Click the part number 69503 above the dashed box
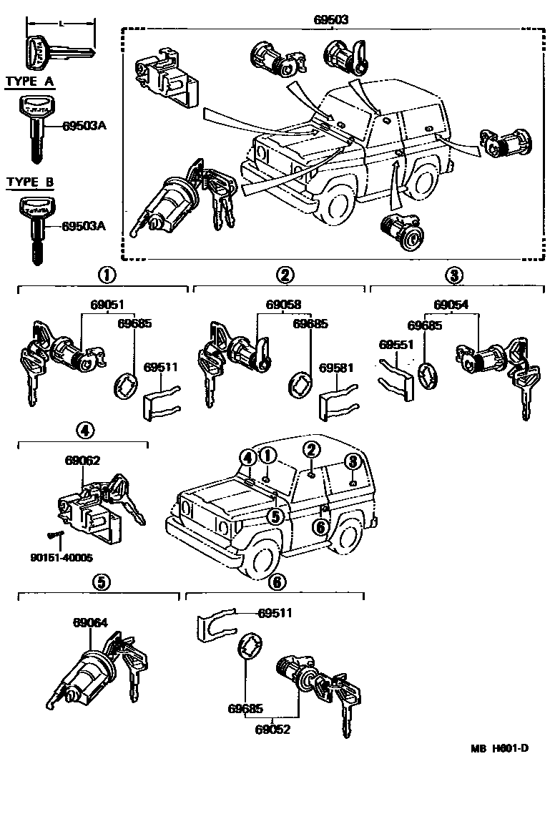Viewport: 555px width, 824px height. click(x=330, y=20)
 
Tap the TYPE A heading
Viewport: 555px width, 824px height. click(x=29, y=82)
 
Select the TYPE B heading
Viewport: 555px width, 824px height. click(x=29, y=182)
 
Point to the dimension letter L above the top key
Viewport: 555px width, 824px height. click(x=62, y=24)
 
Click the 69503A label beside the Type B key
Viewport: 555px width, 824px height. click(x=84, y=226)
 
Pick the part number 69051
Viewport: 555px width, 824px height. click(x=107, y=303)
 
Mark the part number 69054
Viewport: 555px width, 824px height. click(x=451, y=303)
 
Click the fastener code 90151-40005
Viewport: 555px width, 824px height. click(x=61, y=556)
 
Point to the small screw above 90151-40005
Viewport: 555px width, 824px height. click(x=54, y=534)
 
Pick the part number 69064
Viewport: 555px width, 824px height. click(x=89, y=622)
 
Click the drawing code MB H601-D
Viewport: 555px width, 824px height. click(x=499, y=748)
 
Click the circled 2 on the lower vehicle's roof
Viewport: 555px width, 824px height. click(x=311, y=449)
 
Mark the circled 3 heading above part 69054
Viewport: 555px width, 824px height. click(x=453, y=275)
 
